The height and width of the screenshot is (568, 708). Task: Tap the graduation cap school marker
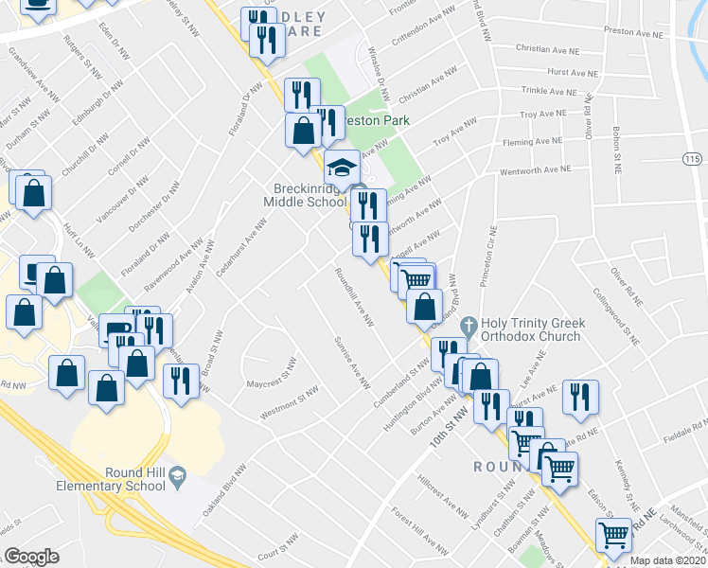341,169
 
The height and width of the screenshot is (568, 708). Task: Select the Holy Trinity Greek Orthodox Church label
533,331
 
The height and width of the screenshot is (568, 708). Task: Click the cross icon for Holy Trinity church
467,327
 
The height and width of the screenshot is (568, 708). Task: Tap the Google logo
31,557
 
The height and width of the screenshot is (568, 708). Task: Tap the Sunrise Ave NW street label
350,363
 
